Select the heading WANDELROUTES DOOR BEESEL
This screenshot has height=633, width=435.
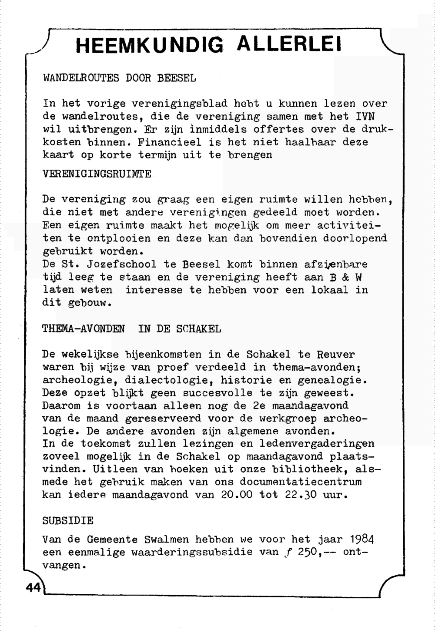coord(120,79)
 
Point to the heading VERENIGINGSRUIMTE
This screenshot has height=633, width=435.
coord(97,174)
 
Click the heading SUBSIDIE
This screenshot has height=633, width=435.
coord(68,521)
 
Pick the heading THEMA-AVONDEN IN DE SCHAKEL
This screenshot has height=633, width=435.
coord(131,329)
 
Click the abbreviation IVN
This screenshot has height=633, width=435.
coord(365,117)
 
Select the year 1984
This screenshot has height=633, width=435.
coord(362,540)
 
